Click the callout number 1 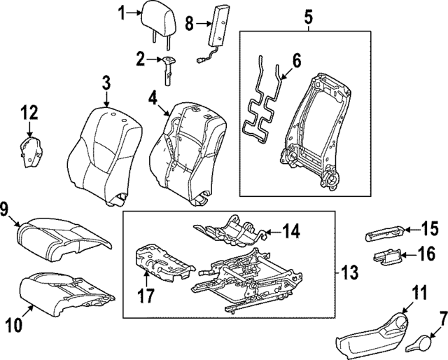click(120, 12)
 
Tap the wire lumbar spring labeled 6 click(262, 105)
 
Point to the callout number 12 click(29, 111)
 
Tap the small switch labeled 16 click(386, 258)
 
